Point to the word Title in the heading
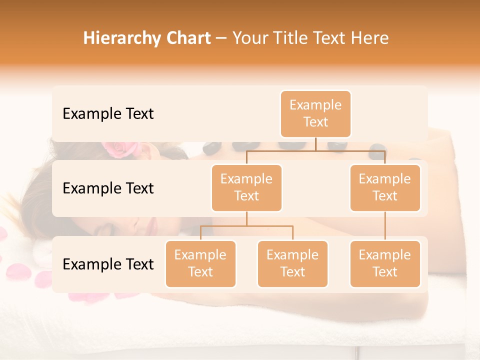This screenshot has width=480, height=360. (x=292, y=38)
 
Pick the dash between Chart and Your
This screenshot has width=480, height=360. (x=221, y=39)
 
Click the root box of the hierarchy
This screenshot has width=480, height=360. (x=315, y=113)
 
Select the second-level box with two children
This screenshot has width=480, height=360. (x=246, y=187)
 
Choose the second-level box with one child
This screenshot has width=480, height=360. (x=385, y=187)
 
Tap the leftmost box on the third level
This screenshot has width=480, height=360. (x=200, y=263)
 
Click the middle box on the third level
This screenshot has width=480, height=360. (x=292, y=263)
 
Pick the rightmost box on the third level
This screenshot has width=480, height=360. (x=385, y=263)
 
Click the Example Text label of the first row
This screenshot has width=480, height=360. (x=108, y=114)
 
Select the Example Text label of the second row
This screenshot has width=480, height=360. (x=108, y=188)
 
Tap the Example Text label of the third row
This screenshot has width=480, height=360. (x=108, y=264)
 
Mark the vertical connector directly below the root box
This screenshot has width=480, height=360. (x=315, y=144)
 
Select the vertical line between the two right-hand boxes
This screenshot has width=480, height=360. (x=385, y=226)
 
